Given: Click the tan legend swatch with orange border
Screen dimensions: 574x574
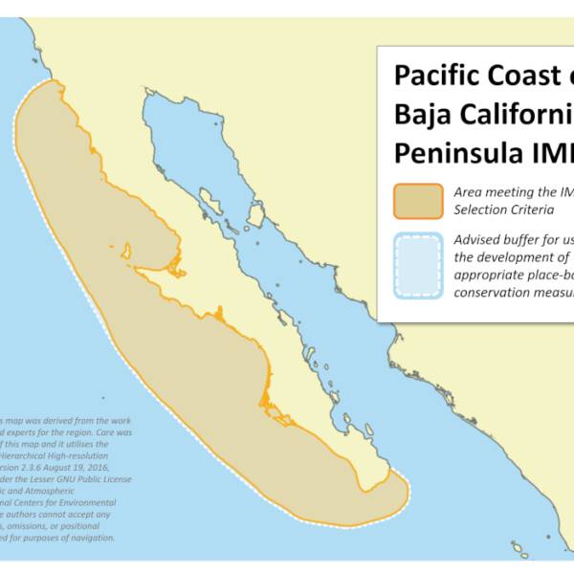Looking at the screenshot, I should pos(417,200).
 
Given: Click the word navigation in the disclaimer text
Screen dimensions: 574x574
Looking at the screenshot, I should pos(87,538).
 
